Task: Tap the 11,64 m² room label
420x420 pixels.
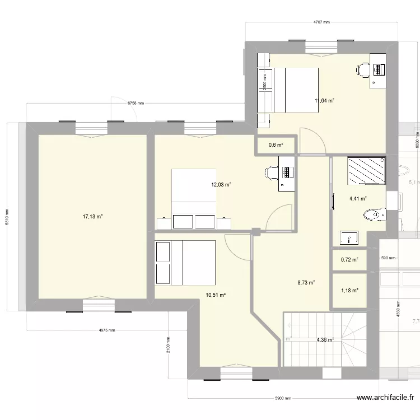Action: pos(324,101)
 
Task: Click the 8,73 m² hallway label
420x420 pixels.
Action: pos(306,283)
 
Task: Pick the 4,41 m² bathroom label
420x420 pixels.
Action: pos(358,198)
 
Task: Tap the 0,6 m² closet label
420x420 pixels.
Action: pos(276,146)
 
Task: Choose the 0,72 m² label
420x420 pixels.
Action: pos(349,260)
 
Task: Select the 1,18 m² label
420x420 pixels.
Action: pos(349,290)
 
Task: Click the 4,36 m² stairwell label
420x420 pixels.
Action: pos(325,339)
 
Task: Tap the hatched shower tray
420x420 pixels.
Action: pos(366,171)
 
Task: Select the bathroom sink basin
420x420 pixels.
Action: pos(349,239)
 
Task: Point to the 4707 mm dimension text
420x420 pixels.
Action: pos(321,22)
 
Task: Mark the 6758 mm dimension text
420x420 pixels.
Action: pos(136,103)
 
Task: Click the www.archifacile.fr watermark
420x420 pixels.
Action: pos(386,399)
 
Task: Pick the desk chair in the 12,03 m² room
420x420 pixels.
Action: pos(270,170)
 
